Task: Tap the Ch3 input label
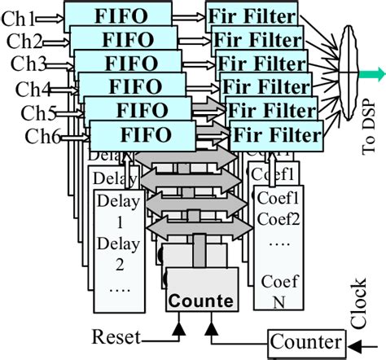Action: [x=28, y=64]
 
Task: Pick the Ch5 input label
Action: [x=38, y=112]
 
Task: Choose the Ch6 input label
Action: [x=43, y=136]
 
